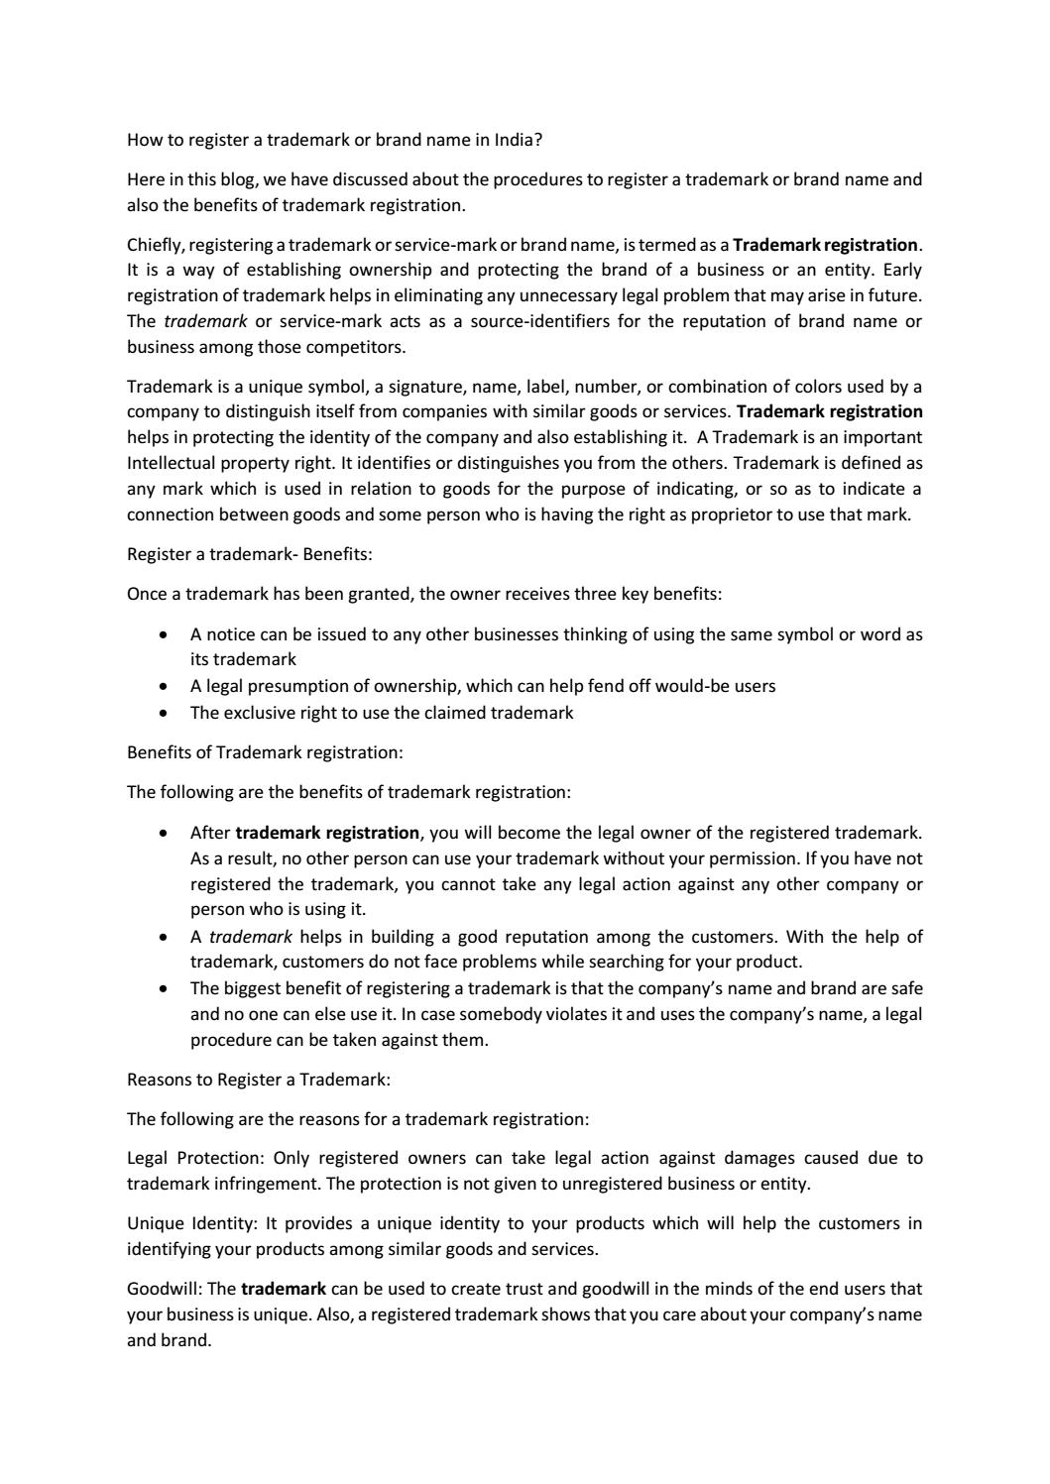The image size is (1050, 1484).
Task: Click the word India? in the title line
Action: (519, 140)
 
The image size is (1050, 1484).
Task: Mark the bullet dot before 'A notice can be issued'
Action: (163, 634)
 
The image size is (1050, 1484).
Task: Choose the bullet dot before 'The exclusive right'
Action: (163, 713)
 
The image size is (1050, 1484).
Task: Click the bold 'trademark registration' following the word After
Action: (327, 833)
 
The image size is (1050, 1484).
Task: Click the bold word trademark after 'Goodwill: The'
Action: (284, 1289)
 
